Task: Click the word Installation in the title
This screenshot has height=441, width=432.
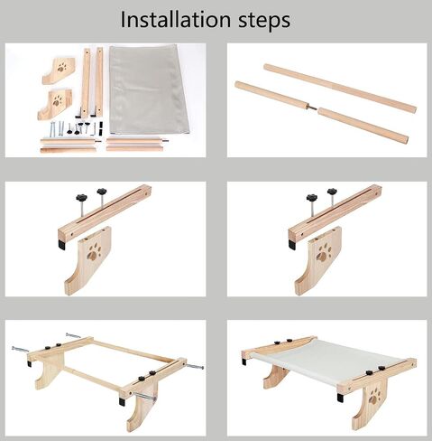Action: click(175, 20)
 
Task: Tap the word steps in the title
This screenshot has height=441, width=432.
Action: click(264, 21)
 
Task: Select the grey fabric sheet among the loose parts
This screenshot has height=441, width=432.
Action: click(148, 89)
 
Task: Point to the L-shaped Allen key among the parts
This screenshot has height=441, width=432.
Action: click(95, 129)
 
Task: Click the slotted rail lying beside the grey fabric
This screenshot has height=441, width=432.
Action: click(98, 82)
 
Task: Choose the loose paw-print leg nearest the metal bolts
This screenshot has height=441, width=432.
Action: click(55, 103)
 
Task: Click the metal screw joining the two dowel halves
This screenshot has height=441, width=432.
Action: click(313, 108)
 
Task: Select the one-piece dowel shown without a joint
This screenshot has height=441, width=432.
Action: click(340, 88)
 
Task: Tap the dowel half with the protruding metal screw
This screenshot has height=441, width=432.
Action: click(273, 95)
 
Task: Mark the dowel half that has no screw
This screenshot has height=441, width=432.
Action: click(363, 125)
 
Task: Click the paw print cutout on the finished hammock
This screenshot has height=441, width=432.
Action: click(375, 397)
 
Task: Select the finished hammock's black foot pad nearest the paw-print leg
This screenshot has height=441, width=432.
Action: click(340, 398)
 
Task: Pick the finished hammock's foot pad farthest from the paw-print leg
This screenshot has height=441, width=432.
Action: click(244, 361)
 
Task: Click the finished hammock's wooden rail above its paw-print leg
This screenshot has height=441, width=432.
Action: click(377, 374)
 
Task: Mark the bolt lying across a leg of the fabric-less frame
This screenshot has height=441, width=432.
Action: click(144, 397)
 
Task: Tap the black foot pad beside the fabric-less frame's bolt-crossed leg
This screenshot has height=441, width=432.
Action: click(122, 401)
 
